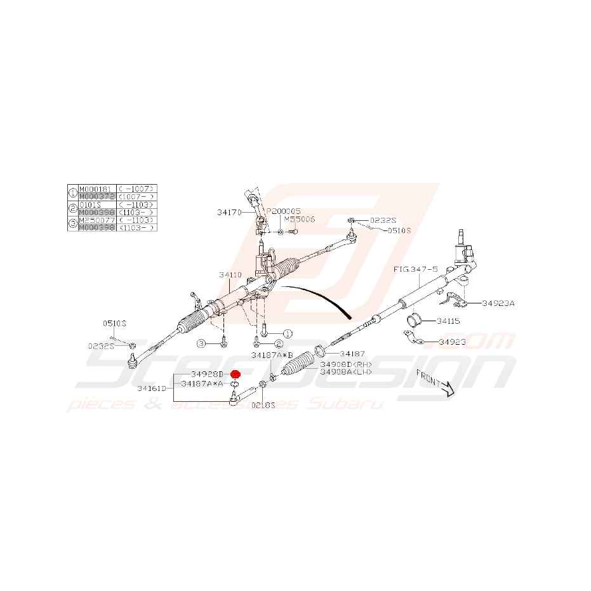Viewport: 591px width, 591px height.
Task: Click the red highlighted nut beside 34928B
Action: point(234,375)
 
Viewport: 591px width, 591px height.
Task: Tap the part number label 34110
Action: point(230,275)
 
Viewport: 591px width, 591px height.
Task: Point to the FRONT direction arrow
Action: point(435,383)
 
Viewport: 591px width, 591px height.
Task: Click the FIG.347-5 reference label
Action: point(416,269)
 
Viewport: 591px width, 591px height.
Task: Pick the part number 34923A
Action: point(498,303)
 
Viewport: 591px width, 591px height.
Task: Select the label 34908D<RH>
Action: point(346,364)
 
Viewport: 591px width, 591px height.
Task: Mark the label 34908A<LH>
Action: point(346,372)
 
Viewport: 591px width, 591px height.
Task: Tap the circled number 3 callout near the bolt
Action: point(202,343)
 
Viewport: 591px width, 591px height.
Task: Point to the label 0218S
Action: point(263,405)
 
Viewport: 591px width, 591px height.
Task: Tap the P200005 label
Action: point(283,211)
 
